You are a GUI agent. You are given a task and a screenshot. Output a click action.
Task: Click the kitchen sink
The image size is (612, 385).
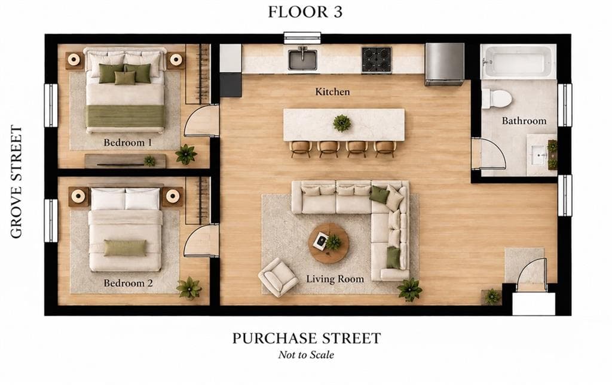(302, 59)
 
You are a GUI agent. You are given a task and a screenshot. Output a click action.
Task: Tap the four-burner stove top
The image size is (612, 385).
(377, 60)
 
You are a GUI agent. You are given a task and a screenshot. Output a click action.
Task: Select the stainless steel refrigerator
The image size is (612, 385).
(444, 64)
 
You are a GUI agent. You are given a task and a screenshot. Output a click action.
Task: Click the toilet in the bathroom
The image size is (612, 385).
(497, 98)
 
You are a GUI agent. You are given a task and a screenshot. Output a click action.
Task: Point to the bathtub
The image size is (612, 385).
(518, 61)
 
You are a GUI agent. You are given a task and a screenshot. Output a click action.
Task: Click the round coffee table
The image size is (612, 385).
(329, 243)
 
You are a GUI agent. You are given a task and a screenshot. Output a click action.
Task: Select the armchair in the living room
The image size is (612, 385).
(278, 277)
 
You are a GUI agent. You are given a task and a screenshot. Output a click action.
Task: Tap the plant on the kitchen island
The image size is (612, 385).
(342, 123)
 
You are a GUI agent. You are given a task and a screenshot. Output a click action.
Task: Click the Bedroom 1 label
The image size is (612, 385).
(128, 143)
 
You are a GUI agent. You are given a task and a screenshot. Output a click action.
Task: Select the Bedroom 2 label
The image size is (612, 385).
(128, 283)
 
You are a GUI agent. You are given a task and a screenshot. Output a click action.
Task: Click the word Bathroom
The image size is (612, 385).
(524, 121)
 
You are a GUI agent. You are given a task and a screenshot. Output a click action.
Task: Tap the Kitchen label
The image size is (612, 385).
(332, 91)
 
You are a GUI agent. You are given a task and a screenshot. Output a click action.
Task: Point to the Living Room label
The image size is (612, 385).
(335, 279)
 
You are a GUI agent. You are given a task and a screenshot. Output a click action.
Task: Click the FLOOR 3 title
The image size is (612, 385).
(305, 12)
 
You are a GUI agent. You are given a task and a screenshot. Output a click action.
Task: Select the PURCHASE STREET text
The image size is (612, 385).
(307, 338)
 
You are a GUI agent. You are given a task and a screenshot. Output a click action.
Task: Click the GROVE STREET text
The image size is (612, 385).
(16, 181)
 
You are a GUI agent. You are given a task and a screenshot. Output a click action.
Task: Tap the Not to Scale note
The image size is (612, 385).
(306, 355)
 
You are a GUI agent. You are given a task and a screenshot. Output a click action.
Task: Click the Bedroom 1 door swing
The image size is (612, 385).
(201, 120)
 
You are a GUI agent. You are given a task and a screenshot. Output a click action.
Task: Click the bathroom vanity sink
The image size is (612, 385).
(540, 155)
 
